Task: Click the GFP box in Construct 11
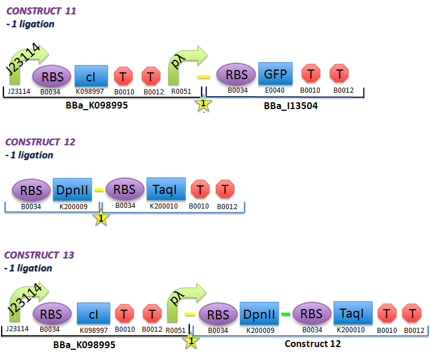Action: [275, 73]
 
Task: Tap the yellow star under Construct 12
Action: [101, 218]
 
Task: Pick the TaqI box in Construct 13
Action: [352, 314]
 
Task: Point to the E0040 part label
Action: [275, 90]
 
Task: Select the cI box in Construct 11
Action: [91, 76]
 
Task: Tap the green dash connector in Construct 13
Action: [286, 314]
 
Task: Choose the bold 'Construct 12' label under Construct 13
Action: [312, 344]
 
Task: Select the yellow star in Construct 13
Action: [191, 341]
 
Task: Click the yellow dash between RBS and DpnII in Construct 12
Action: [98, 190]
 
